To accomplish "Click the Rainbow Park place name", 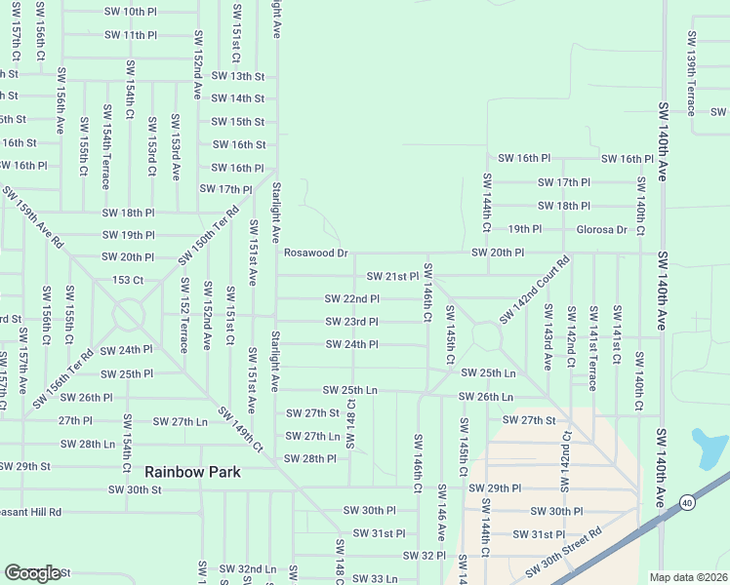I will coord(193,472).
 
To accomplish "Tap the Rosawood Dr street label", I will coord(315,253).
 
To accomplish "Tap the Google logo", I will coord(32,573).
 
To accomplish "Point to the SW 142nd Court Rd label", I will coord(534,290).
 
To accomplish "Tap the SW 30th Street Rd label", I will coord(564,553).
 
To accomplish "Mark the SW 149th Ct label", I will coord(240,430).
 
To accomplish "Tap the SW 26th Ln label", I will coord(485,397).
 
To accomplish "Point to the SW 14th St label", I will coord(237,97).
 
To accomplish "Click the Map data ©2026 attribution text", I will coord(688,577).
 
